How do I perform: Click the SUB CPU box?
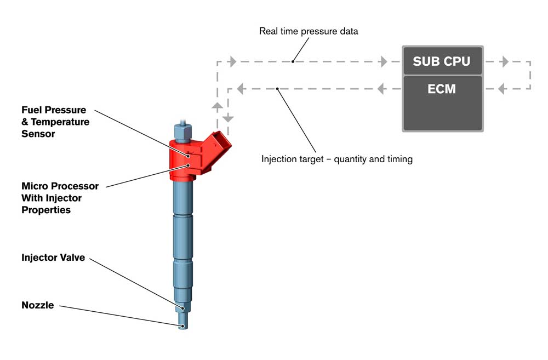tap(442, 61)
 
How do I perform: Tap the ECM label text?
tap(441, 89)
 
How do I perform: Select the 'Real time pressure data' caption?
tap(309, 31)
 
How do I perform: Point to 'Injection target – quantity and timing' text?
tap(337, 159)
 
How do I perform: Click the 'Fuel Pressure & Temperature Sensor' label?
tap(55, 122)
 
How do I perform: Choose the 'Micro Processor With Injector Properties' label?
tap(60, 198)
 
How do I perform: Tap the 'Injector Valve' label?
tap(53, 258)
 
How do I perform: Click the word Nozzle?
tap(38, 305)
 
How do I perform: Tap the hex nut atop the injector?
tap(182, 132)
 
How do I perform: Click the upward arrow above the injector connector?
tap(217, 107)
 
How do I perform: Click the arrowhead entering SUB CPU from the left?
tap(384, 61)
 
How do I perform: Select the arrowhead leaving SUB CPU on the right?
tap(504, 61)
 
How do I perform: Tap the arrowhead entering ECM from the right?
tap(502, 89)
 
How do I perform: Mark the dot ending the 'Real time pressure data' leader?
tap(293, 61)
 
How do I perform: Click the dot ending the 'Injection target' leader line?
tap(277, 89)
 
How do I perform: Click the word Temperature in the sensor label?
tap(60, 122)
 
